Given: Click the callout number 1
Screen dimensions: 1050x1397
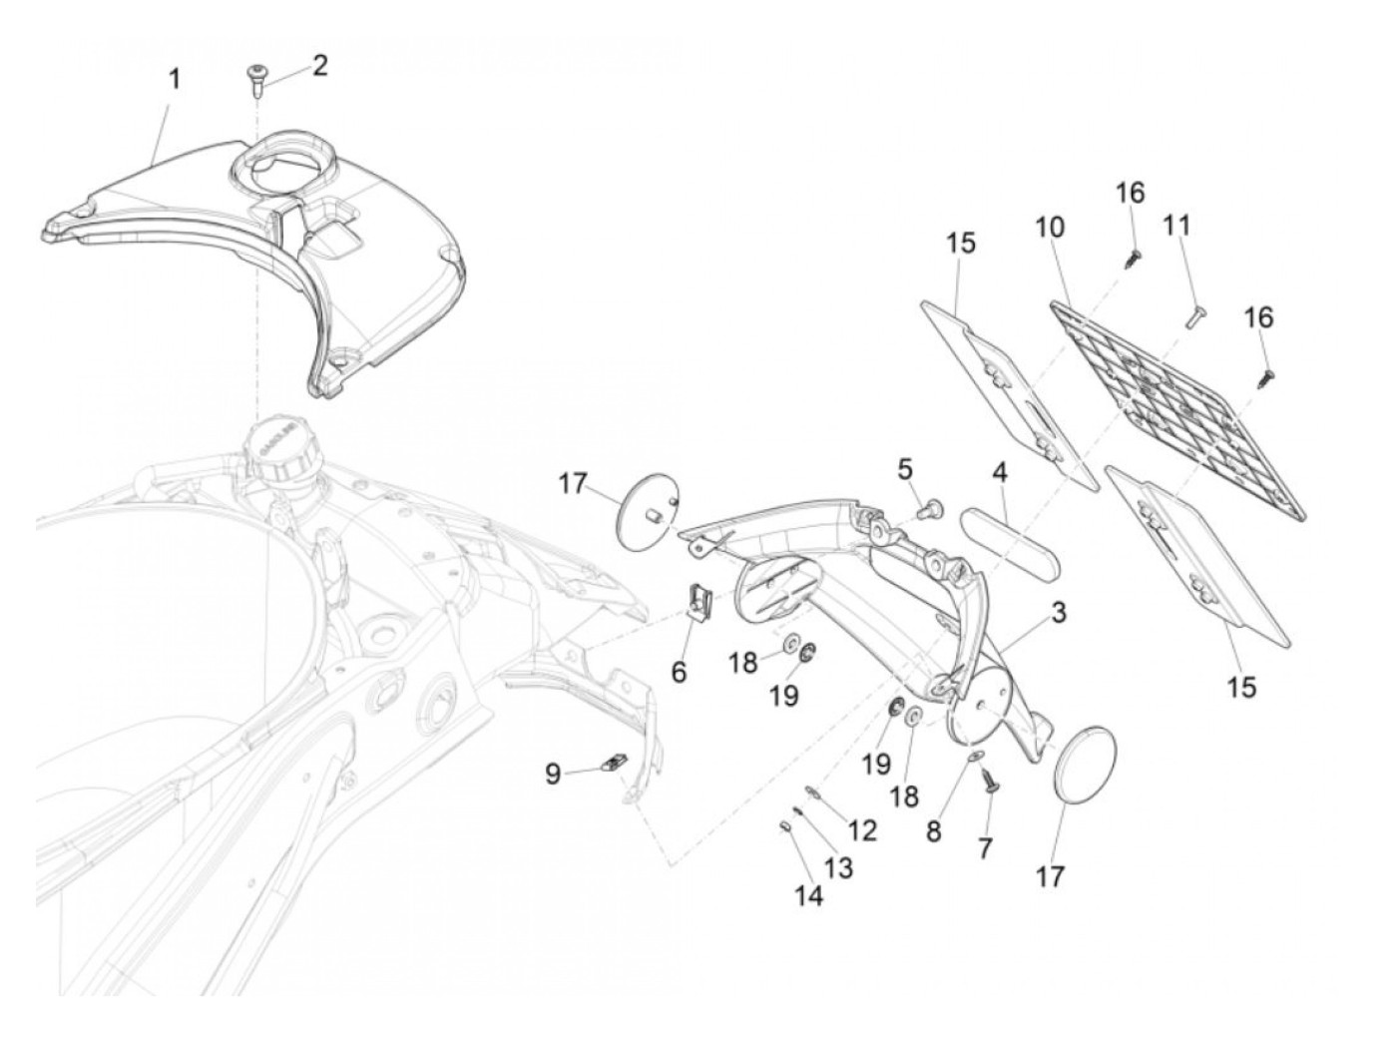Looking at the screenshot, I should point(174,79).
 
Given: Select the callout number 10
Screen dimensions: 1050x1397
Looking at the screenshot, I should point(1049,228).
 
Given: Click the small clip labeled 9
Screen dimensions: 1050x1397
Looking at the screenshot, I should point(613,765).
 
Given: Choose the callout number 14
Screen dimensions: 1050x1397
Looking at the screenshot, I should point(809,895).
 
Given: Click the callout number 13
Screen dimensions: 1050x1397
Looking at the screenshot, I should point(839,867).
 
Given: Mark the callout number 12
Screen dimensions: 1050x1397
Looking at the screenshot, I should point(863,829).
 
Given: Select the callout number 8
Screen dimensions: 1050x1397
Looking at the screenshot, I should point(933,831).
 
